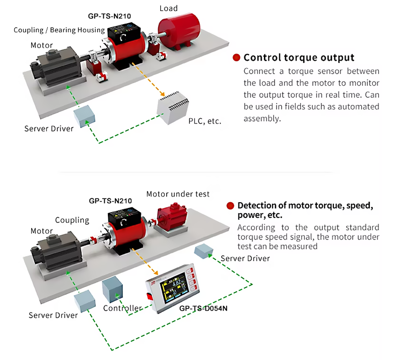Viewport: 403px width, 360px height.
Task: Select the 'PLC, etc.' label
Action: pos(205,122)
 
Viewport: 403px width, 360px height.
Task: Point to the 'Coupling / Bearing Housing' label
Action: pos(59,30)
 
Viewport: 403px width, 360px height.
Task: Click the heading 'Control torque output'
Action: pos(299,57)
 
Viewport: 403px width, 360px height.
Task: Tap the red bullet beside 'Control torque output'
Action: pos(236,57)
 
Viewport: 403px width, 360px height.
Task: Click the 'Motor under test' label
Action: pos(178,194)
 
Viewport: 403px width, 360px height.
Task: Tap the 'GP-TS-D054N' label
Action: pos(204,308)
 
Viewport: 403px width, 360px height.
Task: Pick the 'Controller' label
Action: pos(122,308)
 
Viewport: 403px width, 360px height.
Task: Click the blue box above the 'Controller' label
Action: pos(112,289)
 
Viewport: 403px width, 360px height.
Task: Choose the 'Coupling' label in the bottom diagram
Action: pos(72,220)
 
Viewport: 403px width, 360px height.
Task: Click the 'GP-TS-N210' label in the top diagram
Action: pos(109,16)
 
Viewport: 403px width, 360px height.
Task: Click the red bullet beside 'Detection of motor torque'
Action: pos(230,206)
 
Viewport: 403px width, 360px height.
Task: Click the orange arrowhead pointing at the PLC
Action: pos(162,94)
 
